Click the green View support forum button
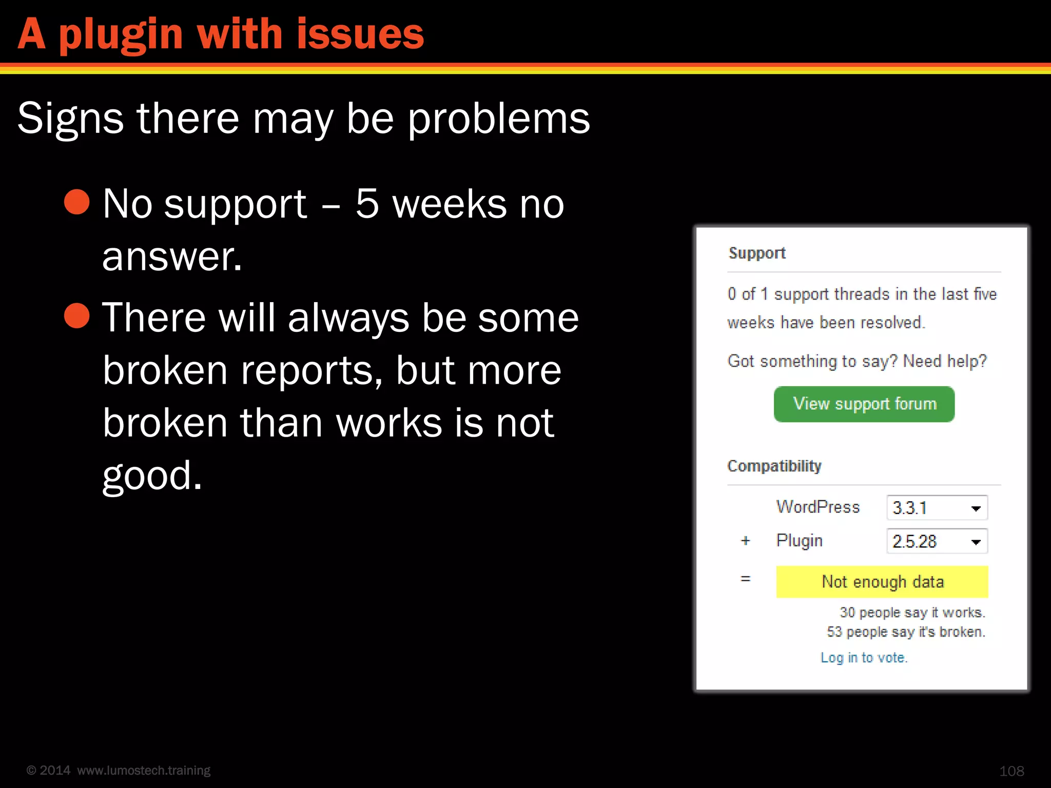pyautogui.click(x=864, y=404)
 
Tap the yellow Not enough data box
pyautogui.click(x=882, y=582)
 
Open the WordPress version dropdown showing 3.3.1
pyautogui.click(x=937, y=508)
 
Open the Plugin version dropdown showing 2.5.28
pyautogui.click(x=937, y=541)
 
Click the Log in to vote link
pyautogui.click(x=864, y=658)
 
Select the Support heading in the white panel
pyautogui.click(x=757, y=253)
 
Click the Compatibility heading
pyautogui.click(x=774, y=466)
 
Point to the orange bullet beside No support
pyautogui.click(x=77, y=202)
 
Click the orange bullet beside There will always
pyautogui.click(x=77, y=315)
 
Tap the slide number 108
pyautogui.click(x=1011, y=771)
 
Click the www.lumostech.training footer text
pyautogui.click(x=144, y=770)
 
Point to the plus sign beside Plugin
pyautogui.click(x=746, y=541)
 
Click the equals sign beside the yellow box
pyautogui.click(x=746, y=579)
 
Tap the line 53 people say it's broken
pyautogui.click(x=906, y=632)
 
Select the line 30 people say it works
pyautogui.click(x=912, y=613)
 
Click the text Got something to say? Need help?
pyautogui.click(x=857, y=361)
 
